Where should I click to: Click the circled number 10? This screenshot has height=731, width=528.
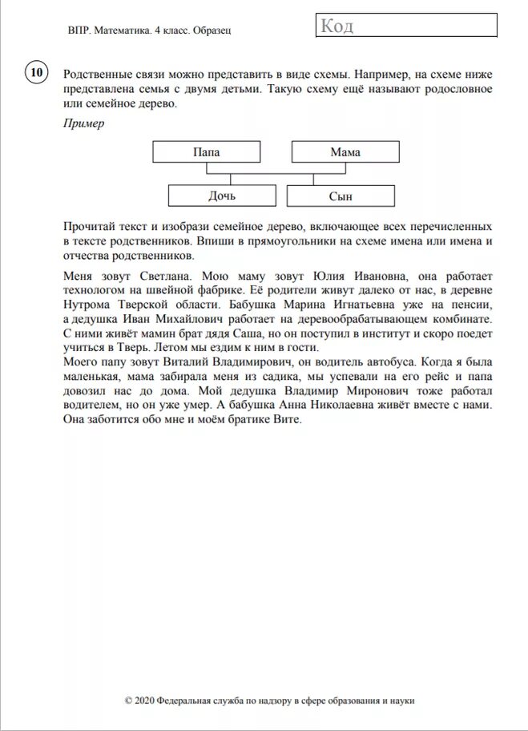35,73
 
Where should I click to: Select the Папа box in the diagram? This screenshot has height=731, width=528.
206,151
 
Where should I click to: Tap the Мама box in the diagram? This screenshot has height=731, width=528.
345,151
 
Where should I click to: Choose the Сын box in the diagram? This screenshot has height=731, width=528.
340,196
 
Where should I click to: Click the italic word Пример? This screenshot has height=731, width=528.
83,123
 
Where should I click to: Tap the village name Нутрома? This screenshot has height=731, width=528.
86,305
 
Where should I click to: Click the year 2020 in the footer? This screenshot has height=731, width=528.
147,700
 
